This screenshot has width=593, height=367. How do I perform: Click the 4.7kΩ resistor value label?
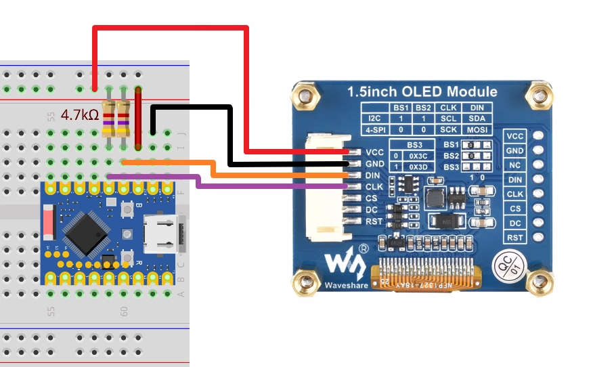tap(80, 115)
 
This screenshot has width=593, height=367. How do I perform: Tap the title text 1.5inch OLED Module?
tap(422, 92)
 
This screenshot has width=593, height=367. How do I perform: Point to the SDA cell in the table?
tap(477, 118)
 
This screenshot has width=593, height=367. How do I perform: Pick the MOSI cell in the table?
tap(477, 129)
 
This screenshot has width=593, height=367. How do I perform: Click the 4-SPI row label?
tap(375, 129)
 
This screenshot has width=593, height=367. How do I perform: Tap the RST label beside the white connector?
tap(374, 221)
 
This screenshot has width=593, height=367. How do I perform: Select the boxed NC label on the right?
tap(516, 165)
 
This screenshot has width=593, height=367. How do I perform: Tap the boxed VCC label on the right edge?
tap(516, 136)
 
